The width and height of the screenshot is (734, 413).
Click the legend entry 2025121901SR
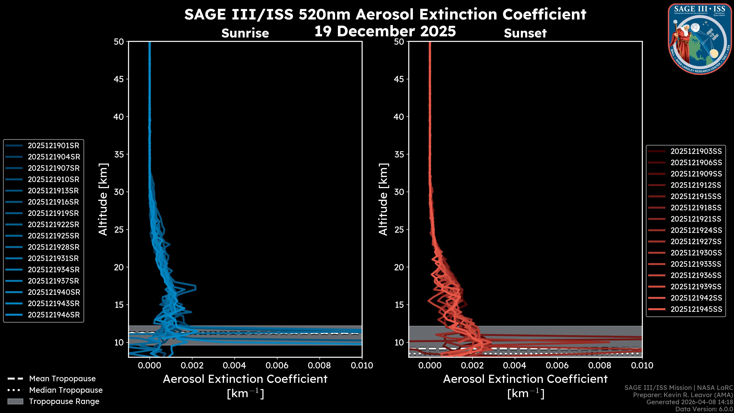coord(53,146)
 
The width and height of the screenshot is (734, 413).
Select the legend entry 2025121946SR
coord(54,315)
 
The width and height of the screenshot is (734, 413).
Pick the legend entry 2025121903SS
coord(696,151)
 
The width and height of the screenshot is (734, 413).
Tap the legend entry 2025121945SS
coord(696,309)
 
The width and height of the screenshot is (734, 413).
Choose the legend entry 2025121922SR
coord(53,225)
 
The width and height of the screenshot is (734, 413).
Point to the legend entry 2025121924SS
coord(696,230)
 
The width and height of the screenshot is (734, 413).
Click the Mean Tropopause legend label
coord(62,379)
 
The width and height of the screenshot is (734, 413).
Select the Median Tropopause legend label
coord(66,390)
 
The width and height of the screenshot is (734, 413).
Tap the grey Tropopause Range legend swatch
coord(15,402)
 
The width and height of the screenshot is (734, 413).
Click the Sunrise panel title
coord(245,33)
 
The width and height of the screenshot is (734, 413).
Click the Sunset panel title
coord(525,33)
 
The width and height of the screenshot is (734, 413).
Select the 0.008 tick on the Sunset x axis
coord(600,365)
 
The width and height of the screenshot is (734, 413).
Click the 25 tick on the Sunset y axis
coord(399,230)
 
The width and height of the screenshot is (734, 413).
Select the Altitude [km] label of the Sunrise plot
coord(103,199)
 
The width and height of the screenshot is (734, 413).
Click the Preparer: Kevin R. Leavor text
coord(683,395)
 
